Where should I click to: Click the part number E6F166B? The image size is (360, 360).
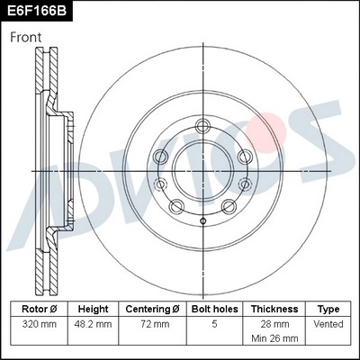pyautogui.click(x=35, y=12)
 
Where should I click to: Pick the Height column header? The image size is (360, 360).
pyautogui.click(x=93, y=308)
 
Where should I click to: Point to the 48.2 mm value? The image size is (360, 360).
pyautogui.click(x=93, y=323)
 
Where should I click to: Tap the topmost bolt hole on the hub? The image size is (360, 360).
pyautogui.click(x=203, y=125)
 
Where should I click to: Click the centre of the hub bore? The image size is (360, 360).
pyautogui.click(x=203, y=171)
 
